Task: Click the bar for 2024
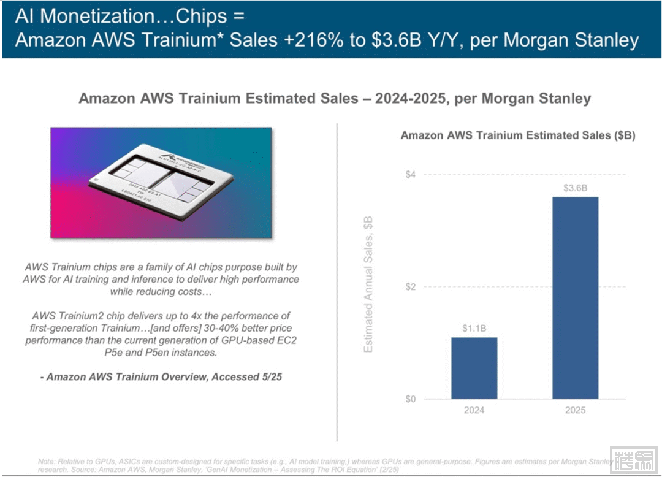pos(474,368)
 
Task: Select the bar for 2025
pos(575,298)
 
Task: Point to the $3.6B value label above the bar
pos(575,188)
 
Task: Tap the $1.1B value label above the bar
pos(474,328)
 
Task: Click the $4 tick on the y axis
pos(410,175)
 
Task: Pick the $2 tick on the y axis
pos(410,287)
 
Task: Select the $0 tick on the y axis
pos(410,399)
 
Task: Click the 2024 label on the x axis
pos(474,410)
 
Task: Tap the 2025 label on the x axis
pos(575,410)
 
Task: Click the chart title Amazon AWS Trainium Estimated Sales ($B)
pos(517,135)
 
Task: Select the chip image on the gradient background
pos(161,183)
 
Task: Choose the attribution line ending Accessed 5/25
pos(161,376)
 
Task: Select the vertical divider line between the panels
pos(337,282)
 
